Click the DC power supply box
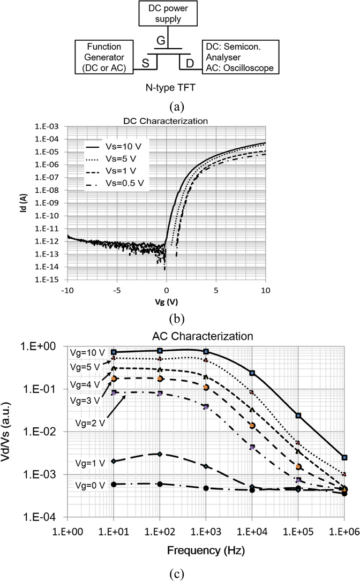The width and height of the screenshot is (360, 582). pyautogui.click(x=168, y=13)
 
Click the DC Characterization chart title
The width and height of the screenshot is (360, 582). pyautogui.click(x=166, y=121)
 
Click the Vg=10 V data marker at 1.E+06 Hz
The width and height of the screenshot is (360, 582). pyautogui.click(x=344, y=457)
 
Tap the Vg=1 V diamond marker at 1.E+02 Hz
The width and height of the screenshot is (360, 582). pyautogui.click(x=160, y=453)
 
